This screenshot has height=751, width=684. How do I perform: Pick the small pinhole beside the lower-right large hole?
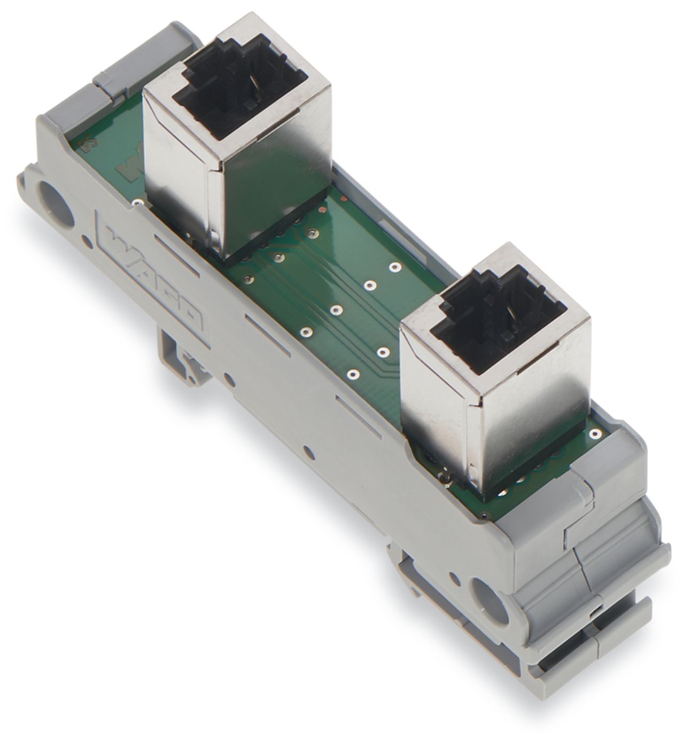pos(455,578)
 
